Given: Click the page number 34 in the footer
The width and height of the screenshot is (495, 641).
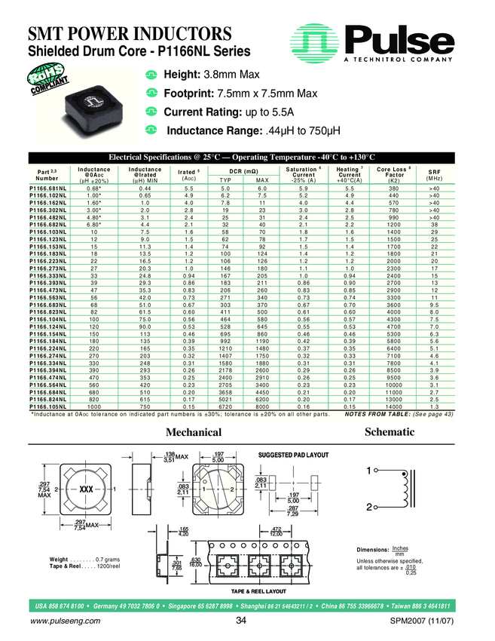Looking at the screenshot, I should coord(241,621).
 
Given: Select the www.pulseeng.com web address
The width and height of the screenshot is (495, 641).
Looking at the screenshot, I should coord(64,621).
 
